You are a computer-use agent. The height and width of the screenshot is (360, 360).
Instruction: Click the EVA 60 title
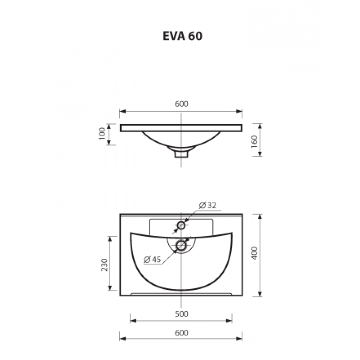point(183,36)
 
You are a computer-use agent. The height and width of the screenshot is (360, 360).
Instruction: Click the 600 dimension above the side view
point(182,104)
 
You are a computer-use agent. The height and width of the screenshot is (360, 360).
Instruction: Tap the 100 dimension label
point(102,133)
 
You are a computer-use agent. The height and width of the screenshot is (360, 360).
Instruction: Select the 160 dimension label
point(254,141)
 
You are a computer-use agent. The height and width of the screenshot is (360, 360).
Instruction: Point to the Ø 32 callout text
point(207,205)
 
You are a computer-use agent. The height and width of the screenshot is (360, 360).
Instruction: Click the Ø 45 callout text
point(152,260)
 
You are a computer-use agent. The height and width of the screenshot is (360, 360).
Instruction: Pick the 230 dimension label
point(104,265)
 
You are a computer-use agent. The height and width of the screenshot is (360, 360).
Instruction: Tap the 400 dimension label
point(254,253)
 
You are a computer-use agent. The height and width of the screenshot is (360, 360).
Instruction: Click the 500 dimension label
point(181,314)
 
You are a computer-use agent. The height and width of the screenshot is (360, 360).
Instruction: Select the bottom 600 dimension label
point(181,333)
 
